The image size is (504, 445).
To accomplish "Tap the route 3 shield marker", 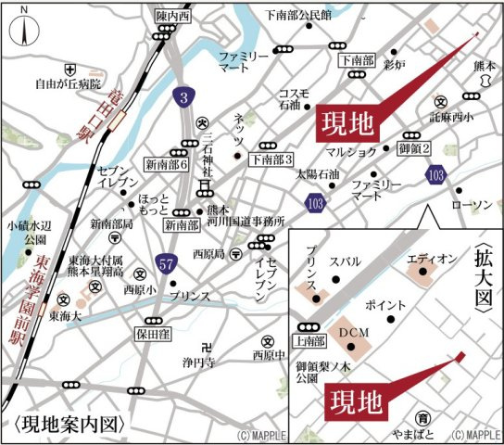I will [x=185, y=95].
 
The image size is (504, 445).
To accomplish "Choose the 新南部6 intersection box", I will [x=167, y=164].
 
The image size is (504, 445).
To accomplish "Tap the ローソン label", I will [x=469, y=205].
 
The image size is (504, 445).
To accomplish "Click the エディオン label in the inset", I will [x=431, y=260].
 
